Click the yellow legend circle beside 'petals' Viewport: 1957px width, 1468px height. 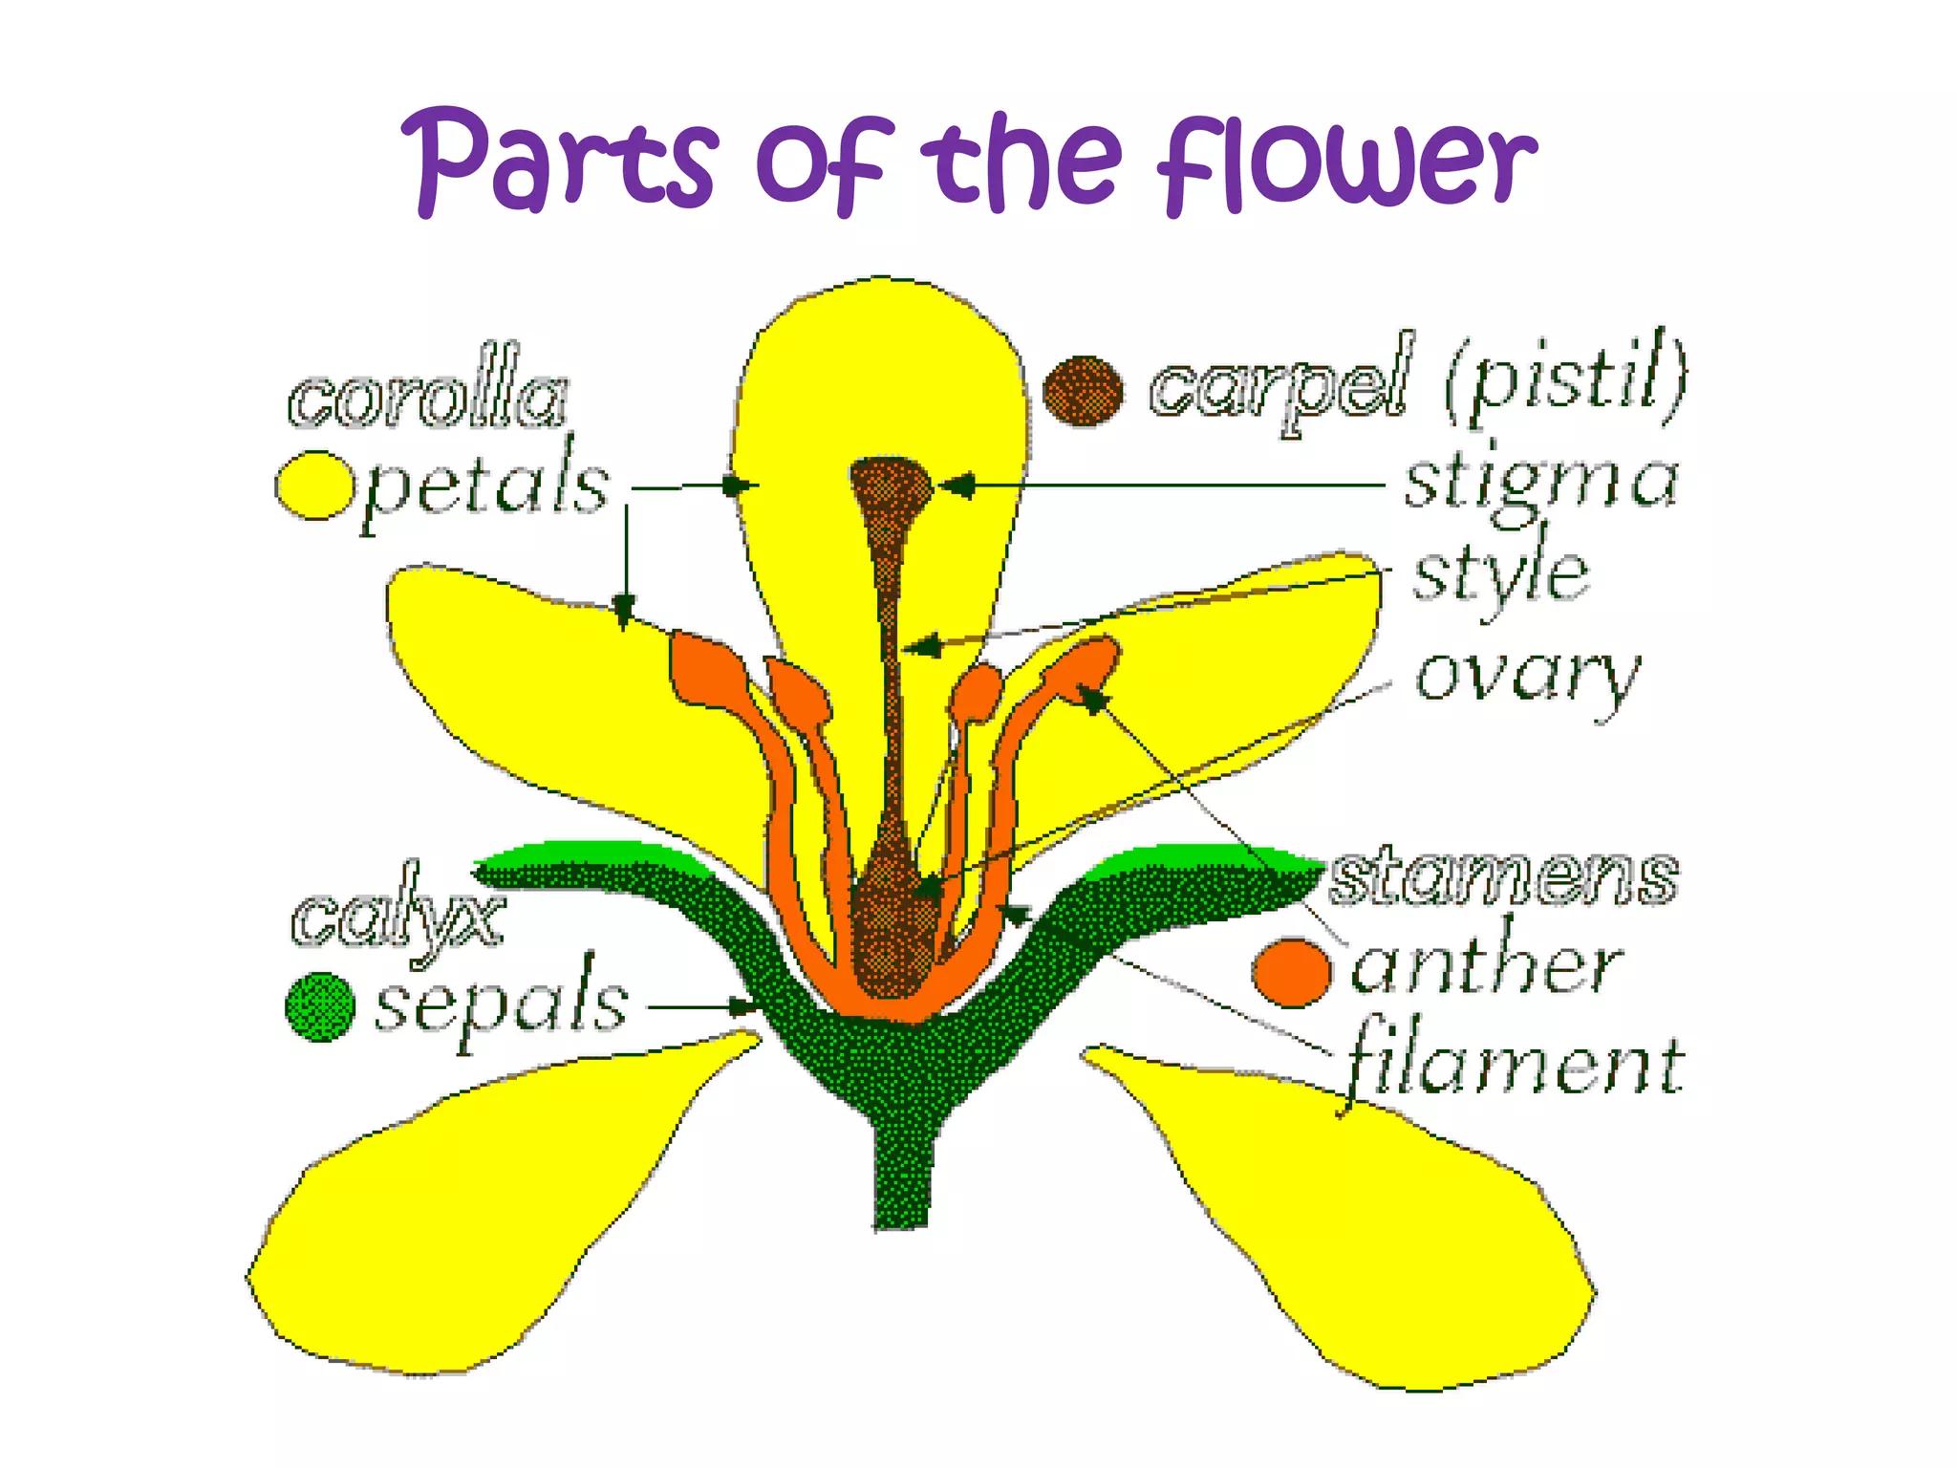point(314,486)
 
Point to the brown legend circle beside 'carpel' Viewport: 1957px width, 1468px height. point(1083,390)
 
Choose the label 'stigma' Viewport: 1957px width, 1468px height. point(1539,482)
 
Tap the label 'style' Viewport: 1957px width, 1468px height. point(1500,576)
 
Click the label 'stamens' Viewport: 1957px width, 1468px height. point(1504,876)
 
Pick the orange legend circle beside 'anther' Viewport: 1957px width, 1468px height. point(1291,972)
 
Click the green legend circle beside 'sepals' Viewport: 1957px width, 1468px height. point(320,1006)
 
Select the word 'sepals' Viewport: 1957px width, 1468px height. point(502,1004)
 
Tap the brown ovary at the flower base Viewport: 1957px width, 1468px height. point(893,922)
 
